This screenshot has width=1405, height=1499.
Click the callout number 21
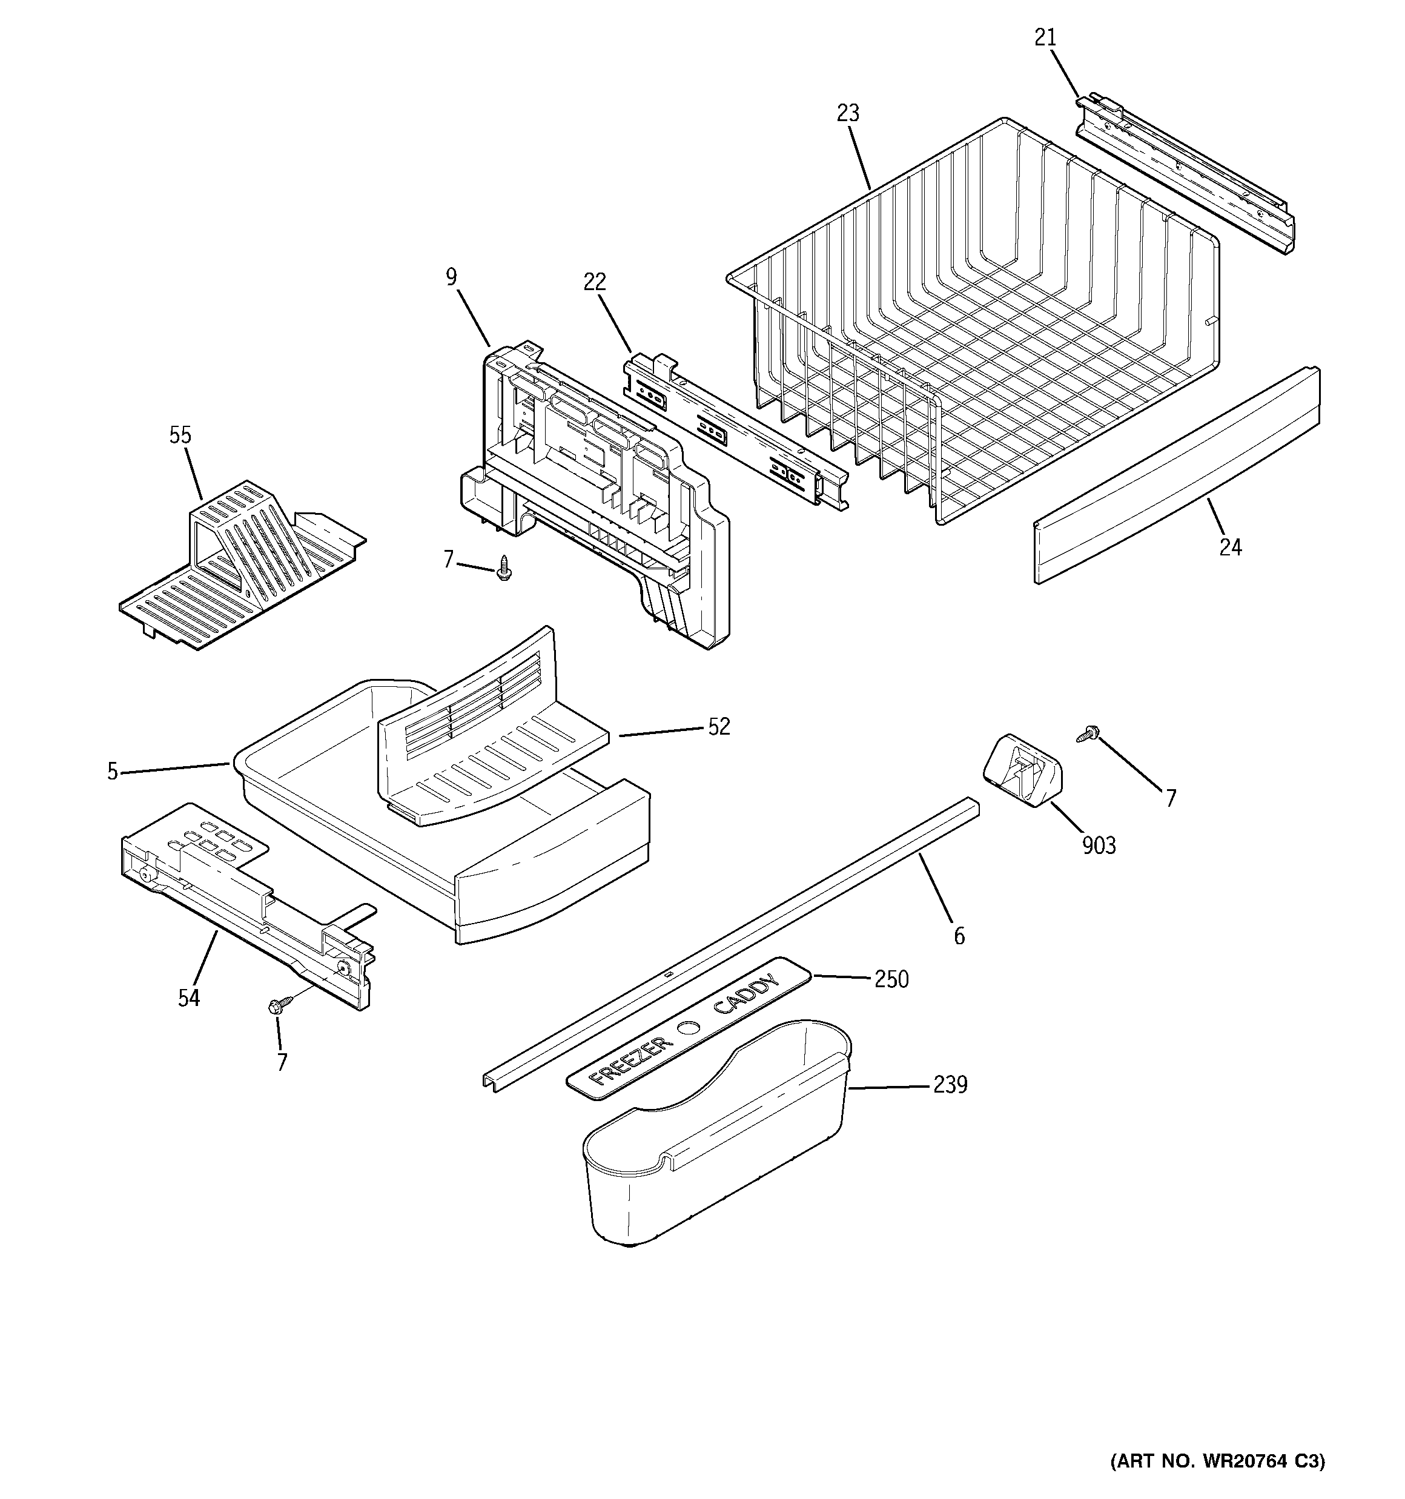click(1045, 37)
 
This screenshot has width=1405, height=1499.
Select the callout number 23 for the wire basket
click(848, 113)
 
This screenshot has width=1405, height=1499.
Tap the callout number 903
click(1098, 846)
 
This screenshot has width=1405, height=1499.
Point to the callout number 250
click(891, 979)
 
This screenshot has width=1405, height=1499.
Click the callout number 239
click(950, 1084)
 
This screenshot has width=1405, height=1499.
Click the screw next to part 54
click(276, 1005)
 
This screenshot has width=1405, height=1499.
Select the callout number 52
click(719, 726)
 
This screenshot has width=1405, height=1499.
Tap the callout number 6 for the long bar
click(959, 936)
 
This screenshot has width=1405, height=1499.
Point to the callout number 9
click(451, 277)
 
